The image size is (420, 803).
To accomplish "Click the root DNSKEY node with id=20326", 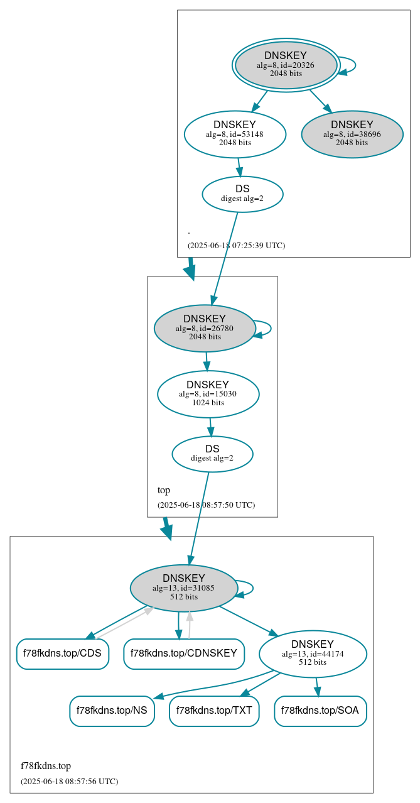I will pyautogui.click(x=286, y=65).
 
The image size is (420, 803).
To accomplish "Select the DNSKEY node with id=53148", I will pyautogui.click(x=235, y=134).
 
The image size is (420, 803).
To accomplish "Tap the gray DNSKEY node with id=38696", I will pyautogui.click(x=352, y=134).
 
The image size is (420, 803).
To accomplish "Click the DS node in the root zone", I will pyautogui.click(x=242, y=194).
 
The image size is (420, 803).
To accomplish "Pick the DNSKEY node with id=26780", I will pyautogui.click(x=205, y=328).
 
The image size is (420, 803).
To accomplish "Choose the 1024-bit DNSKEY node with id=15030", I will pyautogui.click(x=208, y=394).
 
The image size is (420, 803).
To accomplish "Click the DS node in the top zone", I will pyautogui.click(x=212, y=454).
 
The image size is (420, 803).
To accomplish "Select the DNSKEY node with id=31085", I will pyautogui.click(x=184, y=587).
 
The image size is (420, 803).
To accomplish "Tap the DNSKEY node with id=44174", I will pyautogui.click(x=313, y=653).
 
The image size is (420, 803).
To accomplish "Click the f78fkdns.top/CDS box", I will pyautogui.click(x=62, y=653).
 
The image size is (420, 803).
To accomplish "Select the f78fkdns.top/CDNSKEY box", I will pyautogui.click(x=184, y=653).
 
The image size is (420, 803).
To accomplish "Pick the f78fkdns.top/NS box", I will pyautogui.click(x=112, y=711).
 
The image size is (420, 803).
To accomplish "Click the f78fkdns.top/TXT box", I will pyautogui.click(x=214, y=711).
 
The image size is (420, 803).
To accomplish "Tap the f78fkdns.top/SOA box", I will pyautogui.click(x=320, y=711).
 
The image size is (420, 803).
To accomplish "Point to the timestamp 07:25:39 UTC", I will pyautogui.click(x=236, y=245).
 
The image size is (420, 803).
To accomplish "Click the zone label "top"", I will pyautogui.click(x=164, y=490).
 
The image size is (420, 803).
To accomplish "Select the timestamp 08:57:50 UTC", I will pyautogui.click(x=206, y=505).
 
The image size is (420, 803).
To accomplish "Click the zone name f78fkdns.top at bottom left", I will pyautogui.click(x=46, y=766).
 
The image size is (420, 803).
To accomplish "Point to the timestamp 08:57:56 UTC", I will pyautogui.click(x=69, y=781).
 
